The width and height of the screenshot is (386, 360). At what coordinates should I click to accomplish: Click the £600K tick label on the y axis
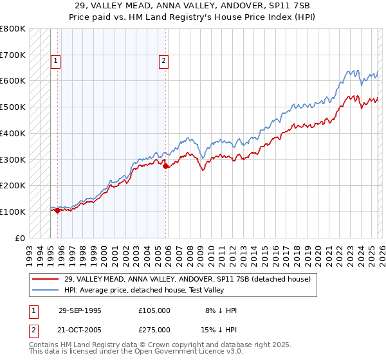[13, 81]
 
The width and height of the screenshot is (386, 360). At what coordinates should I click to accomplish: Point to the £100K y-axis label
[13, 212]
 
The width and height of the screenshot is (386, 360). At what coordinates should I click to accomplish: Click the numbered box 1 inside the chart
[56, 62]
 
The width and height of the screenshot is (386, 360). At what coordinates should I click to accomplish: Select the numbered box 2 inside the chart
[164, 62]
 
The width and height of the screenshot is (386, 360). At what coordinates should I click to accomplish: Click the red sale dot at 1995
[58, 210]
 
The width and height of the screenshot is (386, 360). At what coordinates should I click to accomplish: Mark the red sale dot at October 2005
[165, 166]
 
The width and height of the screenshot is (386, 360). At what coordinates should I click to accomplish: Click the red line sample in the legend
[46, 279]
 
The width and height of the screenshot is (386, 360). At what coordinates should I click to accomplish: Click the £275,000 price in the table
[154, 329]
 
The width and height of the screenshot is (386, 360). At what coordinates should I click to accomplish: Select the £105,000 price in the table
[154, 310]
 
